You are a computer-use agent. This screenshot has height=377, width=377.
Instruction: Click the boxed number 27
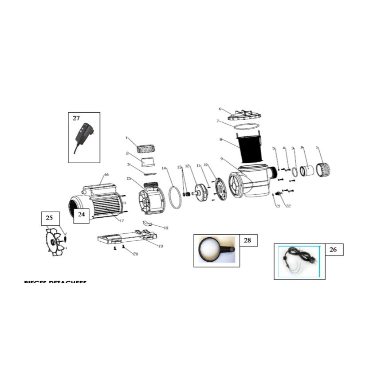[76, 118]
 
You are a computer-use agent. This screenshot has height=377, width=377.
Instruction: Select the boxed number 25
[49, 218]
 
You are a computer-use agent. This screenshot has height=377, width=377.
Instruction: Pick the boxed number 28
[247, 240]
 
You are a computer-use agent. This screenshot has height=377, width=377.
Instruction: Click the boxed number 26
[334, 250]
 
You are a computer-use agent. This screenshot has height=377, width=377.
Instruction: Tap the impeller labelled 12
[200, 192]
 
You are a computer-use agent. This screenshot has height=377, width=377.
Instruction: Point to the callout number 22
[288, 206]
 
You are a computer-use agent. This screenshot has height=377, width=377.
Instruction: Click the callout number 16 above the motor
[106, 175]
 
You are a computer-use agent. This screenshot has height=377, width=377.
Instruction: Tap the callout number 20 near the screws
[136, 254]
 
